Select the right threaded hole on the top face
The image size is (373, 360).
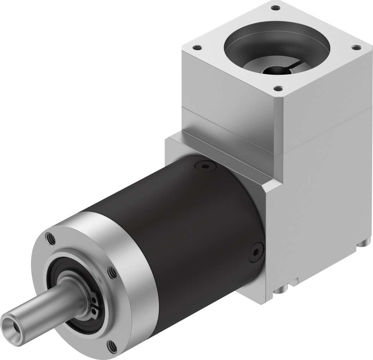click(x=355, y=47)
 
